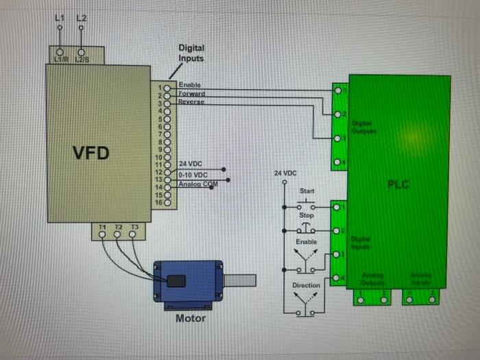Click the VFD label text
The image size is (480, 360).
[x=91, y=152]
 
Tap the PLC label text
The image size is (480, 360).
[x=398, y=184]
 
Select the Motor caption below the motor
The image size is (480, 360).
[x=191, y=318]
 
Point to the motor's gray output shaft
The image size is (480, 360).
[x=240, y=280]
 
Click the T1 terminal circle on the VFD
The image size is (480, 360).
[x=102, y=235]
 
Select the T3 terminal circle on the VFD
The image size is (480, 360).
[x=133, y=235]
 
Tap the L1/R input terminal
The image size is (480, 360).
[x=60, y=52]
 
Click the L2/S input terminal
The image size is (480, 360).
[x=82, y=52]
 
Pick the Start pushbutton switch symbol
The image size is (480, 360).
[x=307, y=204]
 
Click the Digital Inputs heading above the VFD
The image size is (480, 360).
[x=191, y=53]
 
